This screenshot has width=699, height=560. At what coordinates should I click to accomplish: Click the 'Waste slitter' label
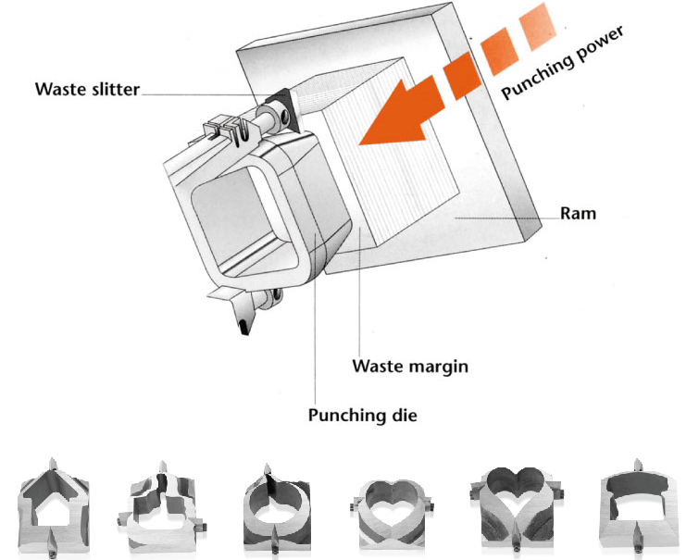[87, 90]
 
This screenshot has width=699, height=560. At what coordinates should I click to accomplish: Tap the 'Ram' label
[579, 214]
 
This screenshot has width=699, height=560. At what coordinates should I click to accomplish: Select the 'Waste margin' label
[410, 366]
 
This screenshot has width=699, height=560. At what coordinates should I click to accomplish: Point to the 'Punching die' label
[363, 415]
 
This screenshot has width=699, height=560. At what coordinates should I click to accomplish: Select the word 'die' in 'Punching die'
[404, 415]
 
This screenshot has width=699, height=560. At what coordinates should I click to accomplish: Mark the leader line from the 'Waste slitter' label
[204, 93]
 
